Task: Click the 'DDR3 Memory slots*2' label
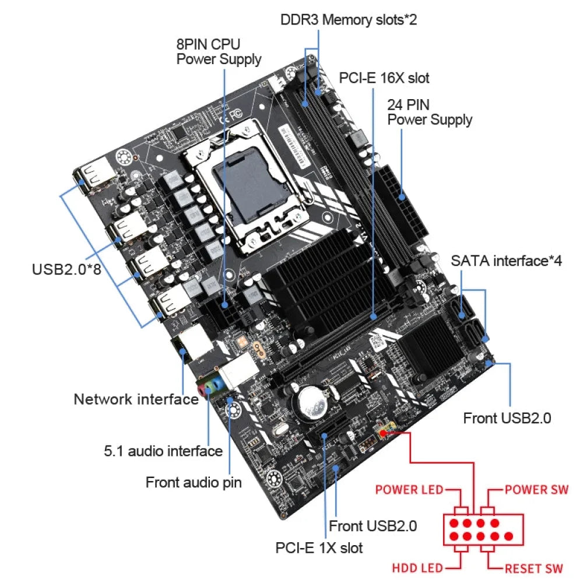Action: (349, 20)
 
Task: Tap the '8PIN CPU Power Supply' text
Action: (219, 51)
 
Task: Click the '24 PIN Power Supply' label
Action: (430, 112)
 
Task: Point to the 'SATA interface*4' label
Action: (506, 261)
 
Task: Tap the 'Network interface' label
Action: (136, 399)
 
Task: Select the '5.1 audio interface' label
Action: (163, 451)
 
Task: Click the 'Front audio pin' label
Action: (193, 482)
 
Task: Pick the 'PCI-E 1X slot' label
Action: (319, 548)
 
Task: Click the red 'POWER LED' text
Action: (409, 489)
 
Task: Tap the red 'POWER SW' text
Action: (536, 489)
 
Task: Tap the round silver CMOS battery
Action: (312, 402)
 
